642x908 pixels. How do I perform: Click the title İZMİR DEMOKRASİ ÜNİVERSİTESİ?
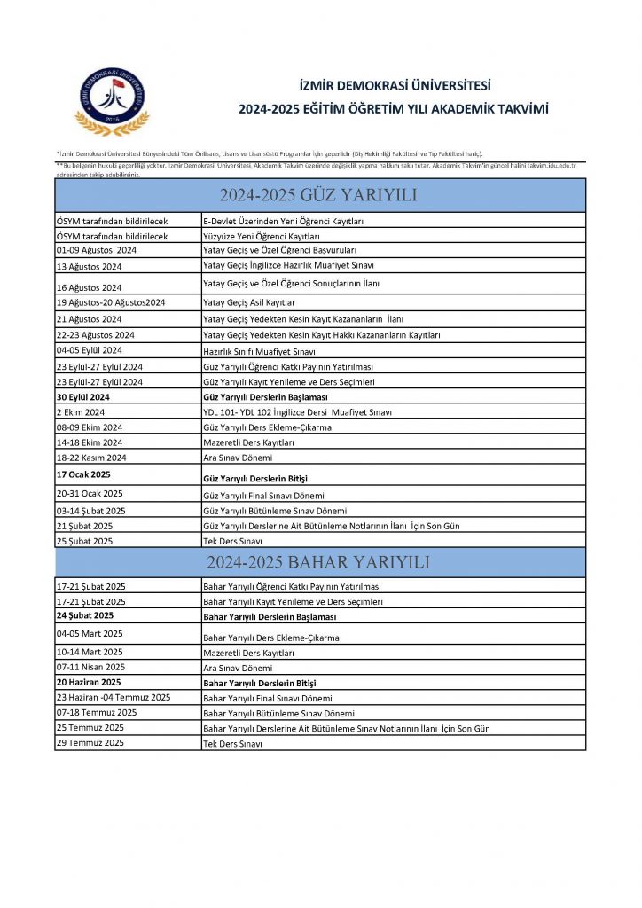395,86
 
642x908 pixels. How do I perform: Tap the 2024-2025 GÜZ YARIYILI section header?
319,195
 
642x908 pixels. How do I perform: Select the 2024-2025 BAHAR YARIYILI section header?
319,563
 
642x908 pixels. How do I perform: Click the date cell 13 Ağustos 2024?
89,266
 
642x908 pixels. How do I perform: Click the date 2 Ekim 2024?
81,412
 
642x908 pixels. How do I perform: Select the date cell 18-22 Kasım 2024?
91,458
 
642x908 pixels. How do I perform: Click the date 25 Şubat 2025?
84,541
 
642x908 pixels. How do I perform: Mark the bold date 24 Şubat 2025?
85,615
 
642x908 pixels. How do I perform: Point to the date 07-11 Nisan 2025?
90,667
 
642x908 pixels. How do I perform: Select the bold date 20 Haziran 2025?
89,683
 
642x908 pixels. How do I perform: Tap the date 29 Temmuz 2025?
90,742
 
